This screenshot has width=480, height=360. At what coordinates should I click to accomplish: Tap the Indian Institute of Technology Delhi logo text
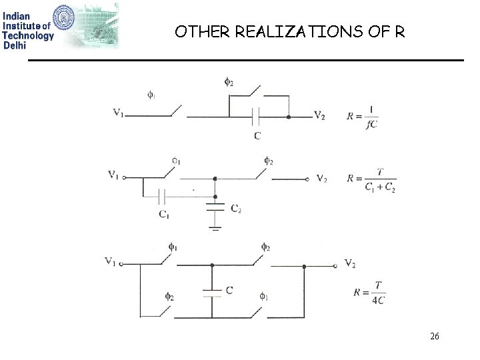pos(27,26)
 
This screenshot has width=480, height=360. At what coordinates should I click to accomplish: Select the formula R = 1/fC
pos(363,115)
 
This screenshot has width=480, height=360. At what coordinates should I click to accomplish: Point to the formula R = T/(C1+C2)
pos(371,179)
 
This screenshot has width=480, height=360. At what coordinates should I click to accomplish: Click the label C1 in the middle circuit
pos(163,213)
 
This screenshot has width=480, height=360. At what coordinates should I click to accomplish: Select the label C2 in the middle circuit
pos(236,209)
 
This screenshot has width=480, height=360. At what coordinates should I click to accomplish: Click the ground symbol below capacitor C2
pos(215,227)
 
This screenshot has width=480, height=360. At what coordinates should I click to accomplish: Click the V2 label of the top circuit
pos(319,115)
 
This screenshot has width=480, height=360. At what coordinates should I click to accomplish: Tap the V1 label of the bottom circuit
pos(111,261)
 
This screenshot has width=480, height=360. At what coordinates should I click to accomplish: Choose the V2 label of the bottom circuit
pos(350,263)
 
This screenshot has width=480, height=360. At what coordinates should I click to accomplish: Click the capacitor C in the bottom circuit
pos(212,291)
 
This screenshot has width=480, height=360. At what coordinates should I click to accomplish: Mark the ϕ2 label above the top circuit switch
pos(228,83)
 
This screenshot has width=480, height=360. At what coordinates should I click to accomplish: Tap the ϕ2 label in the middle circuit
pos(268,160)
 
